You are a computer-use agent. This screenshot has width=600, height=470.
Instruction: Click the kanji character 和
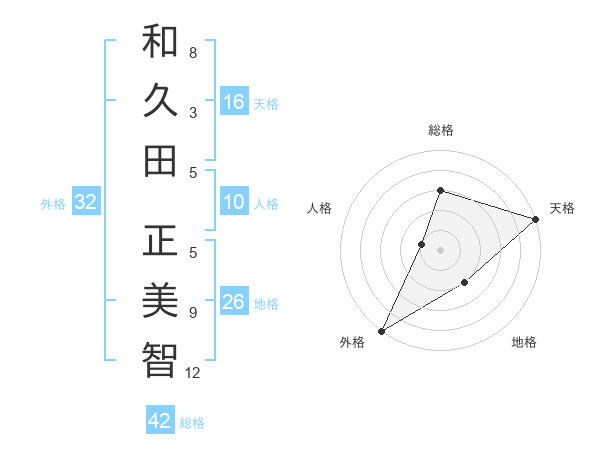pyautogui.click(x=160, y=42)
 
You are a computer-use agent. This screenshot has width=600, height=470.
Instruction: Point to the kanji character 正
pyautogui.click(x=160, y=241)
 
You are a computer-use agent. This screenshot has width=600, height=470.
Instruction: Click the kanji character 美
pyautogui.click(x=160, y=299)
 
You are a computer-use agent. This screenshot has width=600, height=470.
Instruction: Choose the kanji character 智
pyautogui.click(x=160, y=359)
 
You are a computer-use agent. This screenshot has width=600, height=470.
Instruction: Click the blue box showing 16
pyautogui.click(x=234, y=101)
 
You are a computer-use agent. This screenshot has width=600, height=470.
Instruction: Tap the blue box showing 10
pyautogui.click(x=234, y=202)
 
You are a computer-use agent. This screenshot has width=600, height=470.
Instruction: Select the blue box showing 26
pyautogui.click(x=234, y=302)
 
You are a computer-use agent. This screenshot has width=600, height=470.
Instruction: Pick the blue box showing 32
pyautogui.click(x=86, y=202)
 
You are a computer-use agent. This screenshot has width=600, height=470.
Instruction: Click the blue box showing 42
pyautogui.click(x=160, y=421)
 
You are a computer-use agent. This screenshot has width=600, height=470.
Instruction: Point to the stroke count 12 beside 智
pyautogui.click(x=193, y=373)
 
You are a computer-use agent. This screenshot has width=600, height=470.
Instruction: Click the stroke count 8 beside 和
pyautogui.click(x=193, y=52)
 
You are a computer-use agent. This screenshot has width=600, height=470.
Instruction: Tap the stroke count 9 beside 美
pyautogui.click(x=193, y=313)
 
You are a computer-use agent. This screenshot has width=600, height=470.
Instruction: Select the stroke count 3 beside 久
pyautogui.click(x=193, y=113)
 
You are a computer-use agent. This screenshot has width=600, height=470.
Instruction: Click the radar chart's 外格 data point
pyautogui.click(x=381, y=330)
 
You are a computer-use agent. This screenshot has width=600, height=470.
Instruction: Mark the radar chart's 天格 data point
pyautogui.click(x=536, y=219)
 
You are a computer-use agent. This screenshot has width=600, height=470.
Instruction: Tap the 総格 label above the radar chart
pyautogui.click(x=440, y=131)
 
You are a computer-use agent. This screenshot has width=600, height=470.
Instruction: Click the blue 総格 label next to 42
pyautogui.click(x=192, y=423)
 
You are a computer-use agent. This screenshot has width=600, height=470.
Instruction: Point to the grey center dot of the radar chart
pyautogui.click(x=440, y=250)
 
